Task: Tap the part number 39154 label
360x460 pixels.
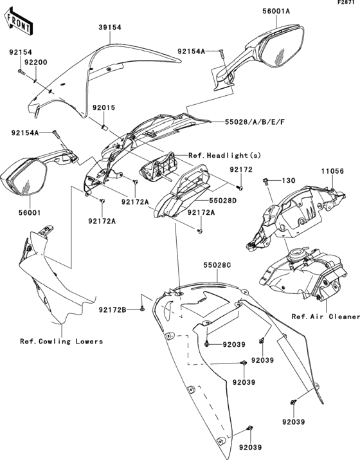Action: tap(110, 28)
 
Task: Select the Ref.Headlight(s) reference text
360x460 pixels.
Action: tap(217, 156)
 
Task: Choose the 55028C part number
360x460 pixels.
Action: tap(218, 264)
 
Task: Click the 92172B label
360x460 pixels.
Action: tap(112, 310)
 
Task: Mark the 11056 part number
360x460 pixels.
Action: tap(334, 171)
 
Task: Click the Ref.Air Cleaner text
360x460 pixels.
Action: tap(325, 317)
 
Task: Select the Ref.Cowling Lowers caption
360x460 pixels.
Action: tap(61, 342)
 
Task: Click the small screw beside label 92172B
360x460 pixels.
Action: tap(139, 310)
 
